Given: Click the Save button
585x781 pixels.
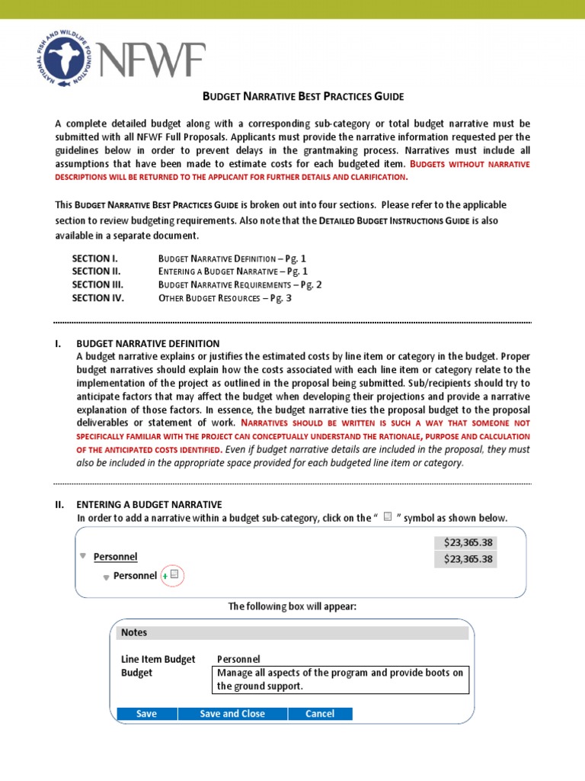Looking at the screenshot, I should (x=146, y=714).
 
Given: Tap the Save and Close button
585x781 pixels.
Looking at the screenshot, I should (x=232, y=714).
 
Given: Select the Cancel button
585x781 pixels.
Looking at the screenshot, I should (x=320, y=714).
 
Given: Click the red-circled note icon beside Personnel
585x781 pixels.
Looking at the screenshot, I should (x=174, y=575).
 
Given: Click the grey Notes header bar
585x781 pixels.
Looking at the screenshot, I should (x=292, y=632).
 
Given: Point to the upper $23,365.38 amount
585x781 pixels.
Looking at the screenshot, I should (x=465, y=542).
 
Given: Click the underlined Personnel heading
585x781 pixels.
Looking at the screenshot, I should (x=115, y=557).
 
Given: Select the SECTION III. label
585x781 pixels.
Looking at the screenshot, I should (x=100, y=284).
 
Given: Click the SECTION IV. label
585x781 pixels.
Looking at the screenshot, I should (x=98, y=298).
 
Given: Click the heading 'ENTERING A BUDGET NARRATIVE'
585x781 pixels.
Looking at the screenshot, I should (x=149, y=504).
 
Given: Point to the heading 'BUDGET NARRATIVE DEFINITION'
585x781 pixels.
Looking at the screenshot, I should (x=148, y=343).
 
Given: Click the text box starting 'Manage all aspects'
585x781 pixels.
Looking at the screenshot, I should (x=340, y=680).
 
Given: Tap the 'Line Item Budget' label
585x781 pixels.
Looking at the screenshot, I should (x=158, y=659).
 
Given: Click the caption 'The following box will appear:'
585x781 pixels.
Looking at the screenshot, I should (x=292, y=606).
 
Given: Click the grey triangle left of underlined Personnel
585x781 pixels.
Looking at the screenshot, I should (x=83, y=556).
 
